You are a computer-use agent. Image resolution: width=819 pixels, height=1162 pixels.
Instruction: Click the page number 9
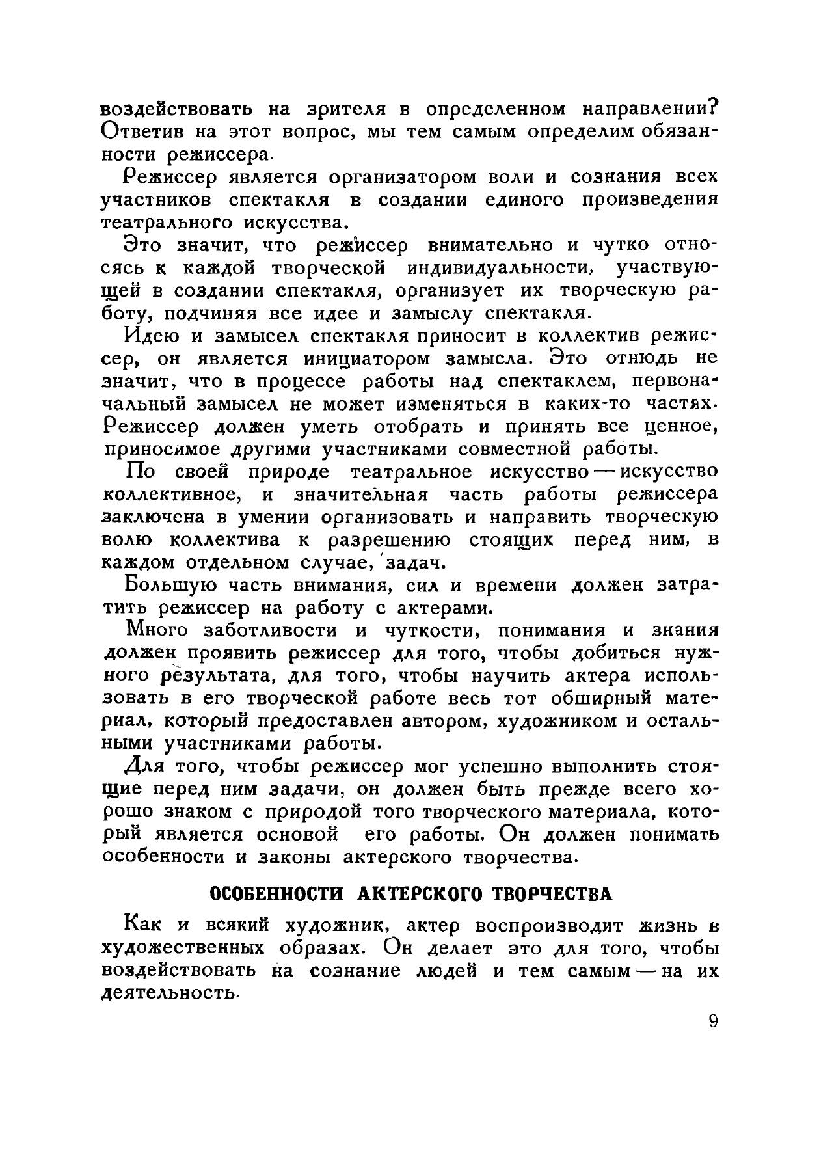713,1021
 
